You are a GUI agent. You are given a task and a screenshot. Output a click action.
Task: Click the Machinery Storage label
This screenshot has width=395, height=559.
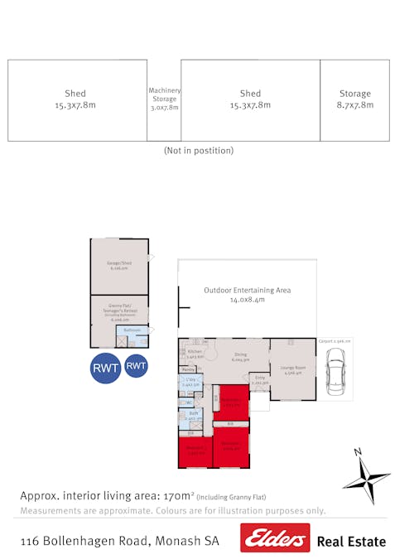click(164, 99)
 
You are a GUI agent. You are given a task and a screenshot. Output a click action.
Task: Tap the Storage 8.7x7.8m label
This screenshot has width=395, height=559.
click(355, 99)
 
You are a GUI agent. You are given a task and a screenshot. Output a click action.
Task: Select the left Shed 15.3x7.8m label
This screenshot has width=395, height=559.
click(75, 99)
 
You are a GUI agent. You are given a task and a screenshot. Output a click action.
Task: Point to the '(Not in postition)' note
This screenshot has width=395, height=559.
click(199, 151)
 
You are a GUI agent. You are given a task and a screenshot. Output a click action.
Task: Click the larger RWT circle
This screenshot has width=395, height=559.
click(105, 368)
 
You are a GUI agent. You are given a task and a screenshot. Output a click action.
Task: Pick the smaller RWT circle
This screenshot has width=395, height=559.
click(137, 364)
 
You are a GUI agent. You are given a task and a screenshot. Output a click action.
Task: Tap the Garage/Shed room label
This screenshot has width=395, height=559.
click(119, 266)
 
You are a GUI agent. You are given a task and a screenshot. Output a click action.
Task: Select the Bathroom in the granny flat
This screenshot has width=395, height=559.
click(132, 330)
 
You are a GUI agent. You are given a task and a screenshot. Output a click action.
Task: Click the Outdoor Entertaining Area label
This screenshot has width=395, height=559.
click(248, 296)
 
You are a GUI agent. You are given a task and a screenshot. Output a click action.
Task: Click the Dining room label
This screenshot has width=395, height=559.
click(241, 356)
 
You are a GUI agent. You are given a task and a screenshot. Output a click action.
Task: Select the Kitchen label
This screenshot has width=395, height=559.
click(195, 354)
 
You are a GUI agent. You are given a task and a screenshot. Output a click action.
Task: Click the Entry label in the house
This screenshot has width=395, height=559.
click(259, 380)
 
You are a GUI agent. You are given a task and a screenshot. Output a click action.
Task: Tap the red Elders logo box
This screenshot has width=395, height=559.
click(275, 537)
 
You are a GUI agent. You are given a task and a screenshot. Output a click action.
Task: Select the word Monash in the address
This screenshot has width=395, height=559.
click(178, 541)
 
